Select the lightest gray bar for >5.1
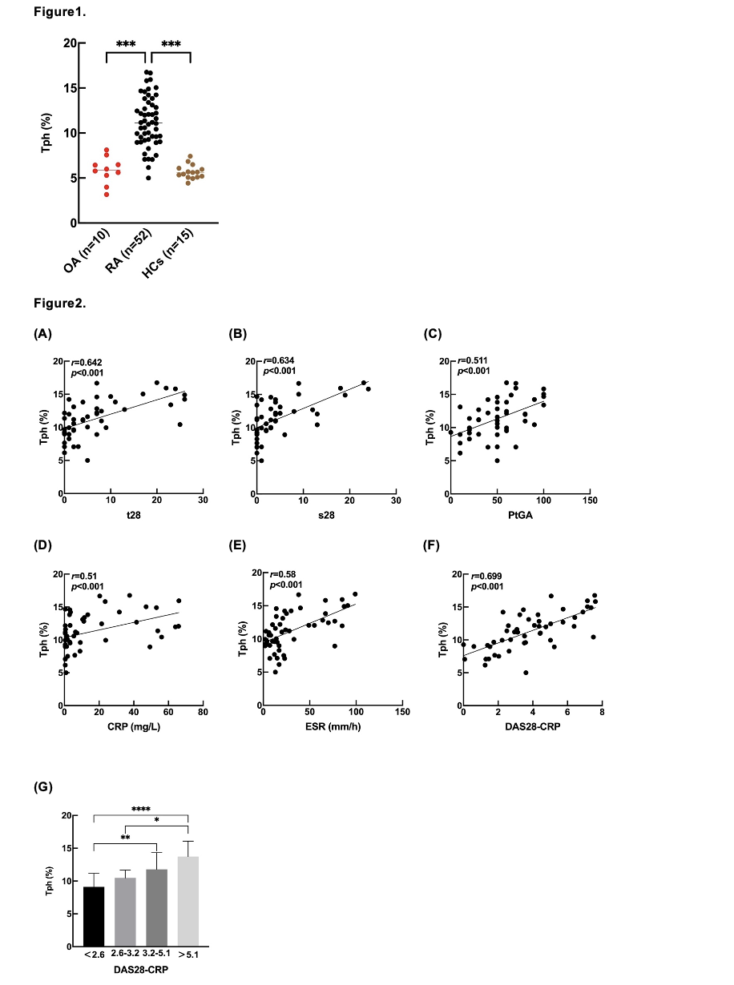click(x=187, y=902)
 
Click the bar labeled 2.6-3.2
click(x=125, y=913)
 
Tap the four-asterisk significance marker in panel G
click(x=140, y=810)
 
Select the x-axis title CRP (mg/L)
click(x=132, y=726)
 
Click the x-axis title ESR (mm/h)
click(x=332, y=726)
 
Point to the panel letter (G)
click(x=42, y=788)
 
